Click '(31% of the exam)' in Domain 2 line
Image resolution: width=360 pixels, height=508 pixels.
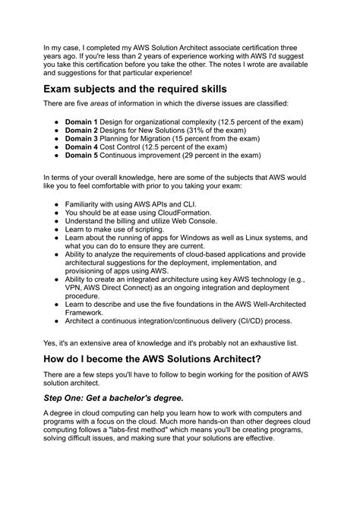tap(208, 130)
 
